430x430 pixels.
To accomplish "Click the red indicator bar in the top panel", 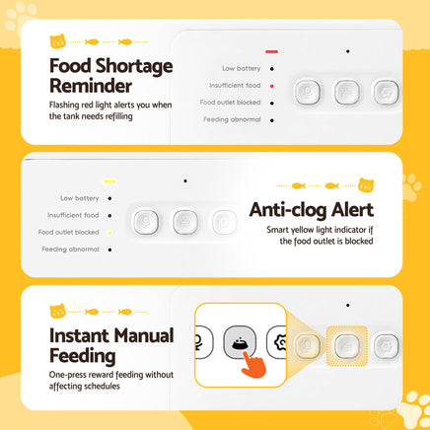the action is pyautogui.click(x=271, y=51).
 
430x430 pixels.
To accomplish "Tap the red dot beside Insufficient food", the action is pyautogui.click(x=272, y=86).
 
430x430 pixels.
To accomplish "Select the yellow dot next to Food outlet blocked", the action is pyautogui.click(x=109, y=233).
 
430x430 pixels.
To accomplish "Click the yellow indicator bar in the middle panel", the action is pyautogui.click(x=109, y=181).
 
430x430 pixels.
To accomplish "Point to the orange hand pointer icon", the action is pyautogui.click(x=253, y=364).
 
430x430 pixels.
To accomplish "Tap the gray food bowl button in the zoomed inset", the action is pyautogui.click(x=240, y=342).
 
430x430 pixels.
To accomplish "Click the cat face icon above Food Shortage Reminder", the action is pyautogui.click(x=57, y=41).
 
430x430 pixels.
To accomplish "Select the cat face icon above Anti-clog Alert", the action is pyautogui.click(x=366, y=185).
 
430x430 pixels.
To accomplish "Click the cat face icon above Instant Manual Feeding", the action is pyautogui.click(x=57, y=311).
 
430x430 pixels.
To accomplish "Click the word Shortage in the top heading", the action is pyautogui.click(x=134, y=66).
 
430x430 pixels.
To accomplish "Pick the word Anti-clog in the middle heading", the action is pyautogui.click(x=288, y=210).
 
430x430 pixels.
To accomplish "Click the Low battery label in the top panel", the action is pyautogui.click(x=242, y=68).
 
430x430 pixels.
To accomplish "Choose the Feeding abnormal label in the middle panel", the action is pyautogui.click(x=70, y=250).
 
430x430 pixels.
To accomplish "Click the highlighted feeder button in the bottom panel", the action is pyautogui.click(x=346, y=346).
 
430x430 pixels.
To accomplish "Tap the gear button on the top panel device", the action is pyautogui.click(x=386, y=92).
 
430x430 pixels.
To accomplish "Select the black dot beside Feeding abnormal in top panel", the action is pyautogui.click(x=272, y=120).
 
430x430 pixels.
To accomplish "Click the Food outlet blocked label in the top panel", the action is pyautogui.click(x=230, y=103).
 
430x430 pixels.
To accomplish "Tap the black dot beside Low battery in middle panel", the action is pyautogui.click(x=109, y=198).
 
